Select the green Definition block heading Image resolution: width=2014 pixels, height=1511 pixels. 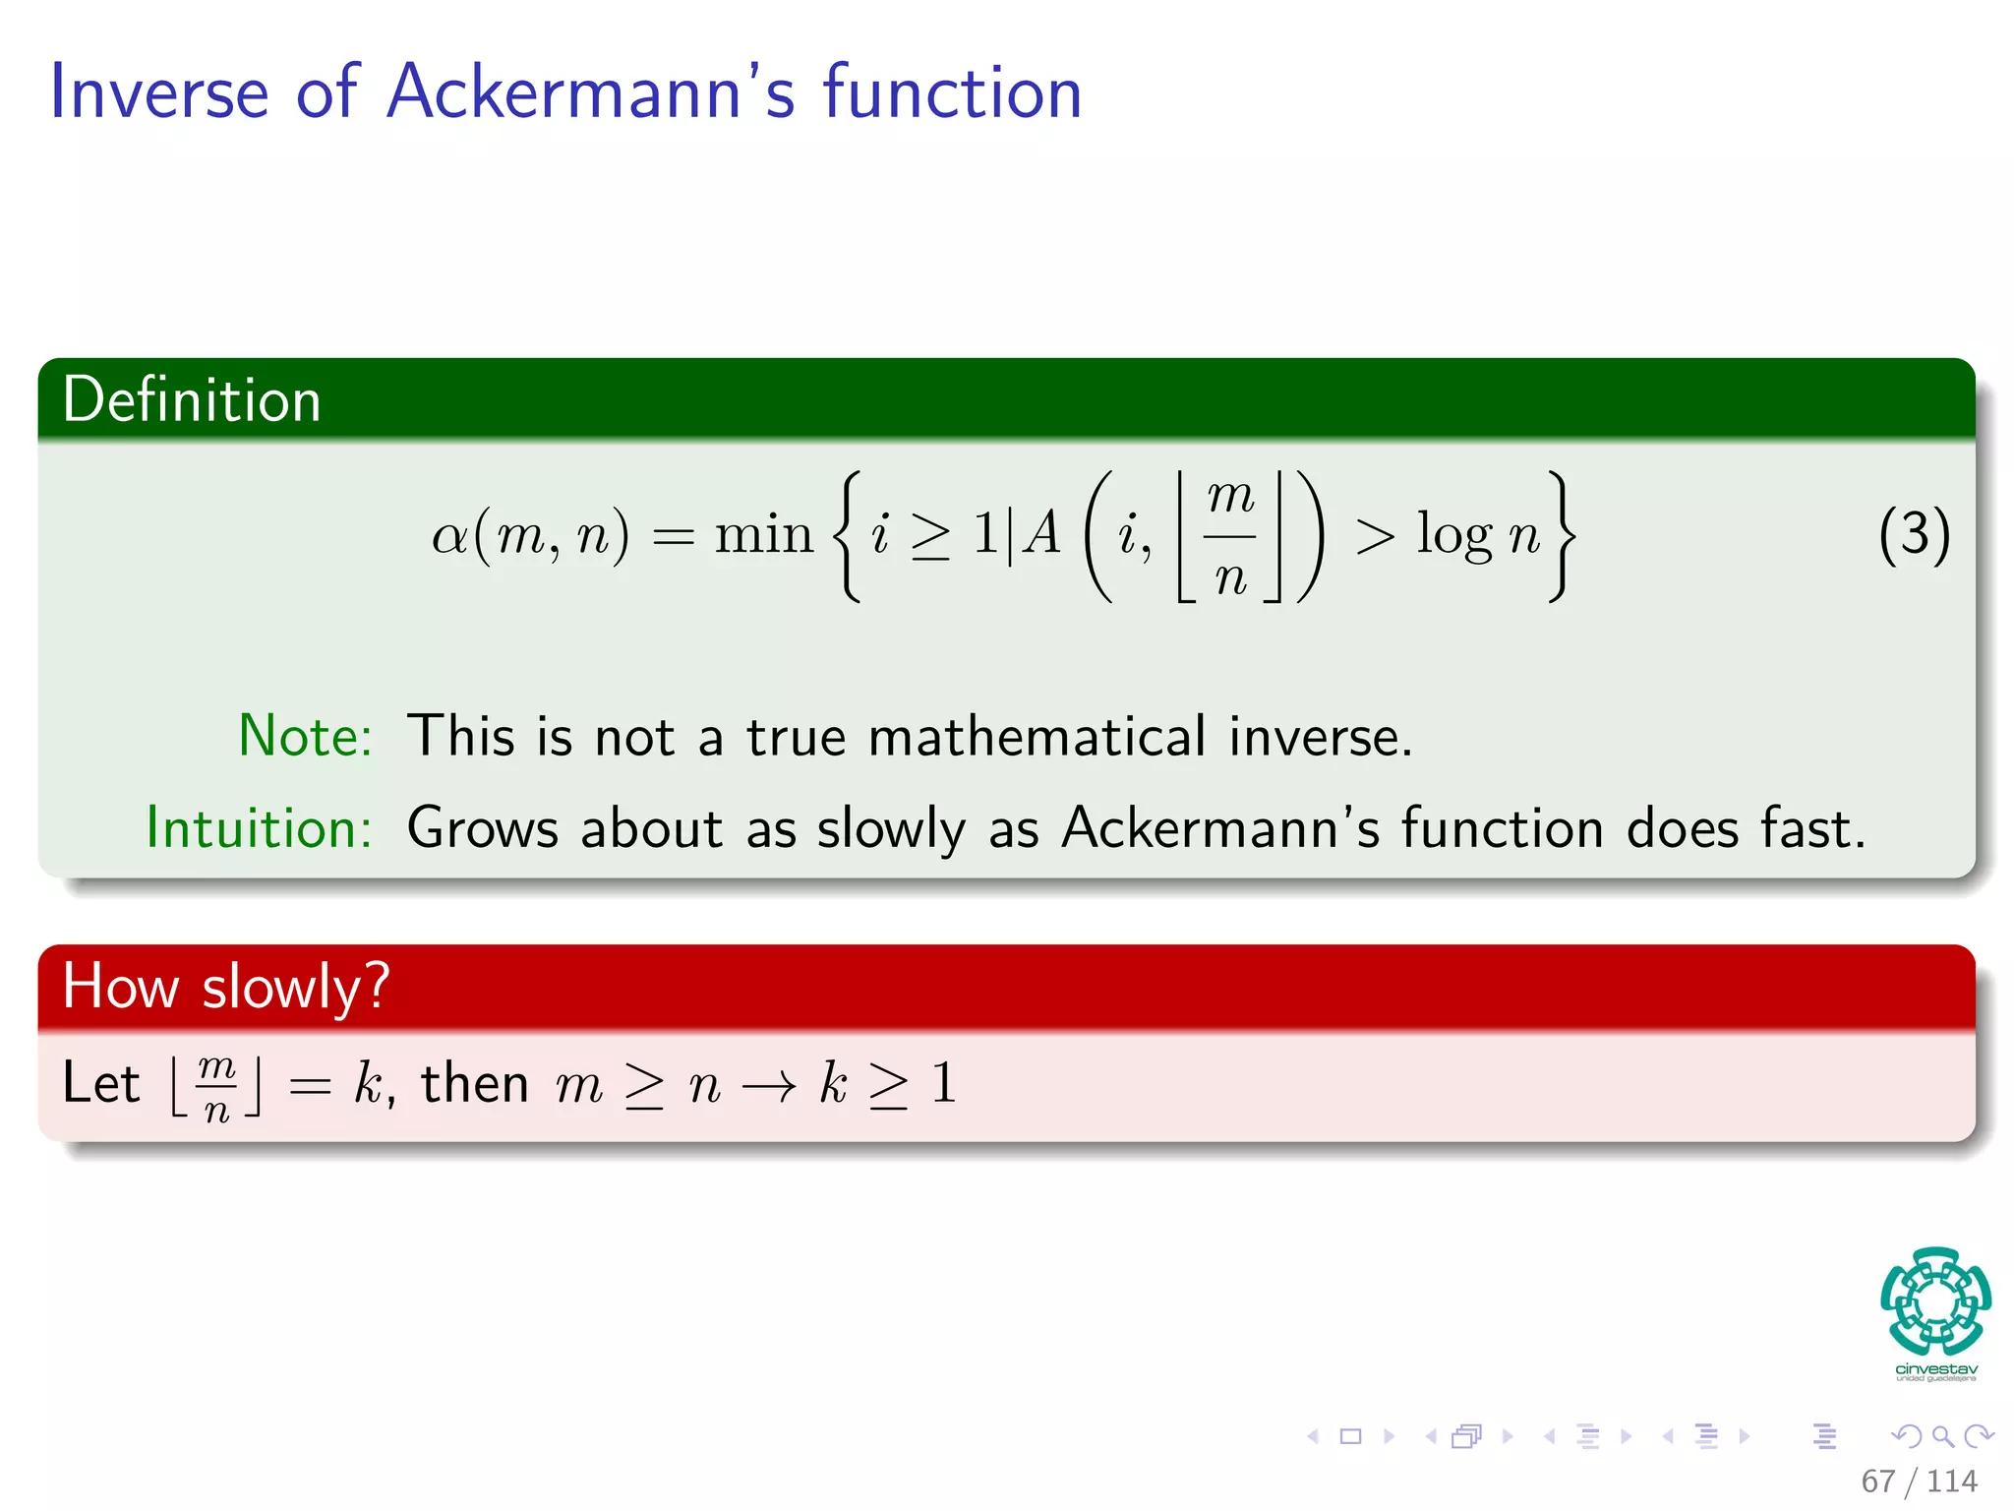[192, 400]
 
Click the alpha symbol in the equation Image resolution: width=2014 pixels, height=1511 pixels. [449, 537]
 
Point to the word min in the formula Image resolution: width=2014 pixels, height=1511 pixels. [763, 535]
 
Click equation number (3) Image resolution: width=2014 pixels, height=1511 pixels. [1913, 535]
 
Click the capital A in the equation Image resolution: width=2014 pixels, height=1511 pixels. [1041, 535]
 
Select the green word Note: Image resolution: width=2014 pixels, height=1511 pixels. [305, 736]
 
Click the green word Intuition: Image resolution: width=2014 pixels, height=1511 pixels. [259, 827]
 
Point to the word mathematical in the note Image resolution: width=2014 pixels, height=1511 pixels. [1037, 736]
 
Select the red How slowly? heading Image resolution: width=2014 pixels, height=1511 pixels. [225, 987]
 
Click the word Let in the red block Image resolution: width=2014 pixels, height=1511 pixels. [100, 1083]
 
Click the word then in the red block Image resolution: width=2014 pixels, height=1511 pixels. [474, 1083]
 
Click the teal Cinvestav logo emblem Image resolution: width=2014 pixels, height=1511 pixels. [1935, 1301]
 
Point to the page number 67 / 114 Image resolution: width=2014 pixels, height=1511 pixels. [1919, 1481]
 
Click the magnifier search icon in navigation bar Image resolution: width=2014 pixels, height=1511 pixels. [1942, 1436]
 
